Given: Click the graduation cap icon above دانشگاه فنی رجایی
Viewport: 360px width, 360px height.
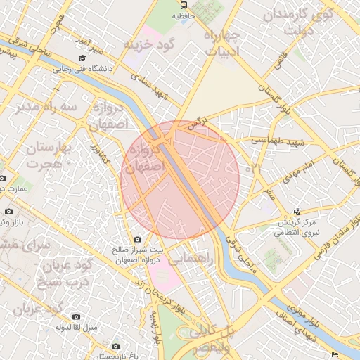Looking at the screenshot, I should (x=82, y=58).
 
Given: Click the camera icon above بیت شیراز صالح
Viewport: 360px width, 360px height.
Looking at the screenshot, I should (x=137, y=240).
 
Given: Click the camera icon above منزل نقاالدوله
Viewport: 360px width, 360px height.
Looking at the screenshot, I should (x=76, y=317).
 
